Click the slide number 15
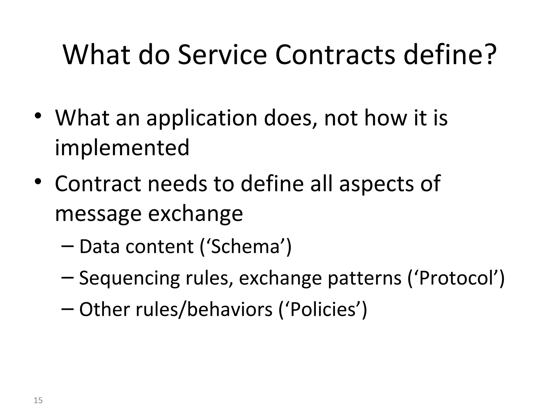(38, 400)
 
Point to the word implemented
(122, 147)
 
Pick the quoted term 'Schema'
(246, 247)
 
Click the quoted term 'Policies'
(323, 310)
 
